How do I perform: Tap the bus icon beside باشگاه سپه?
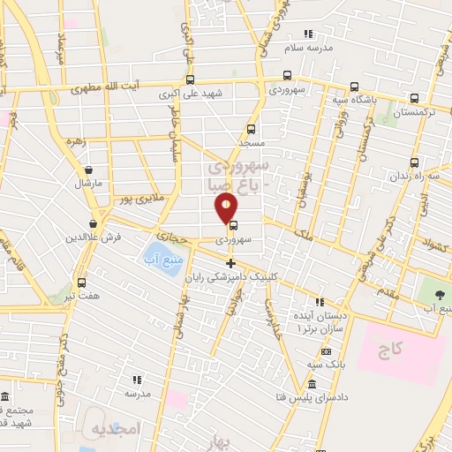point(354,87)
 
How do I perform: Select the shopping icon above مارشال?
point(89,170)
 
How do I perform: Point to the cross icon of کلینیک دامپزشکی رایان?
point(231,263)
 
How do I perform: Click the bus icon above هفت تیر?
point(82,282)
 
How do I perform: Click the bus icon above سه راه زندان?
point(415,163)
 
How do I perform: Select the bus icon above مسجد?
point(252,128)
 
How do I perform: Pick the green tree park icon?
point(440,293)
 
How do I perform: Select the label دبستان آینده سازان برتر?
point(323,322)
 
